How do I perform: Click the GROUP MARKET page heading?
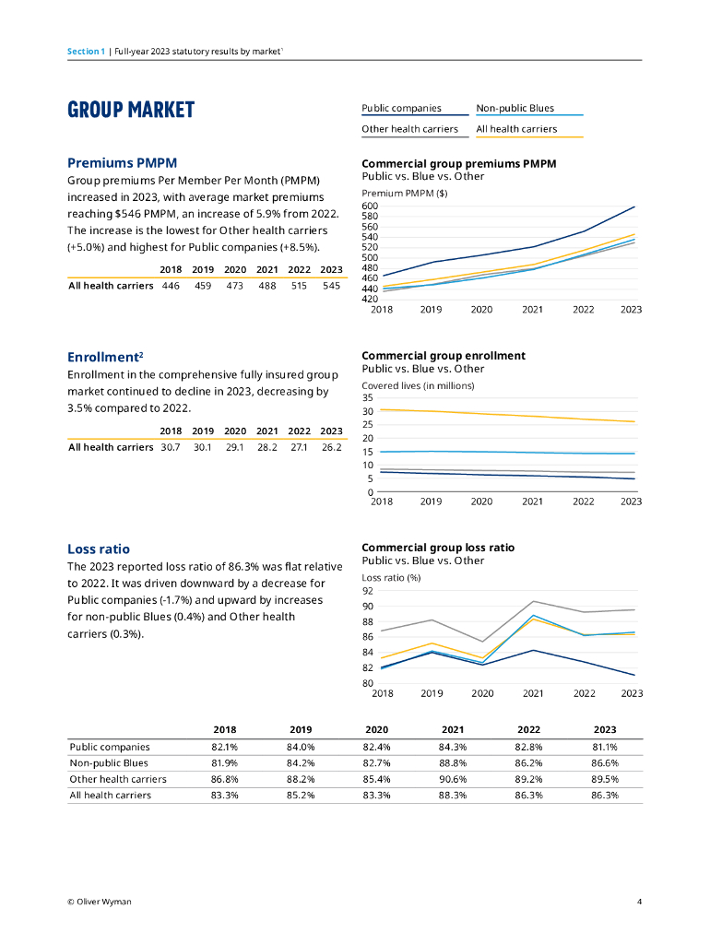[131, 111]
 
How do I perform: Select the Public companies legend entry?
[401, 109]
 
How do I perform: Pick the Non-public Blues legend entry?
[515, 109]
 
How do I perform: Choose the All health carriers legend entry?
[516, 129]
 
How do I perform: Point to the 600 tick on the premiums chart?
[370, 206]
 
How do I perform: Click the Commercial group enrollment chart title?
[444, 356]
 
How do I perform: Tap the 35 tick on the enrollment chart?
[368, 398]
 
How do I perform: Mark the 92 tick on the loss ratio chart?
[367, 591]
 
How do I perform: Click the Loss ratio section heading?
[99, 549]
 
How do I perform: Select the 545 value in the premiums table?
[331, 286]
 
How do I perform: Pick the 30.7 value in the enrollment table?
[171, 448]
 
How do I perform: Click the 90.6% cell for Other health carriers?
[452, 779]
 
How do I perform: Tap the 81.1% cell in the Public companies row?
[605, 747]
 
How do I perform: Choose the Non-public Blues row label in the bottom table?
[109, 763]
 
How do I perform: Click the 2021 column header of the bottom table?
[452, 729]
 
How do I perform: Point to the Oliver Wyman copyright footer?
[99, 902]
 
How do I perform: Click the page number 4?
[639, 902]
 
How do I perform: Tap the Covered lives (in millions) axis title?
[418, 385]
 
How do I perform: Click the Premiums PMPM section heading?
[122, 163]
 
